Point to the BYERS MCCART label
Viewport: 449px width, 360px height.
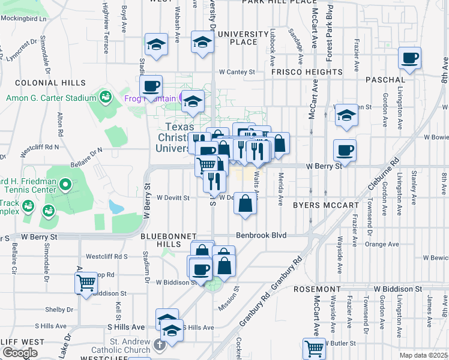click(325, 205)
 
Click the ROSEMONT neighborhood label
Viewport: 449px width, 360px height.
click(318, 289)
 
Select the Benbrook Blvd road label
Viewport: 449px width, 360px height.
click(261, 235)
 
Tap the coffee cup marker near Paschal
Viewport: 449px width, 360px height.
click(411, 58)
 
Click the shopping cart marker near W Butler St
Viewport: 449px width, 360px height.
click(314, 348)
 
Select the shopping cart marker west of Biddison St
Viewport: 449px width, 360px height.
click(86, 281)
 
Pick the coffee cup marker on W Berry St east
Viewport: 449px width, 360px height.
click(345, 150)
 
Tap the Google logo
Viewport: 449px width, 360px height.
click(20, 353)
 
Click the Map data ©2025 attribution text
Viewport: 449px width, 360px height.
click(423, 355)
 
